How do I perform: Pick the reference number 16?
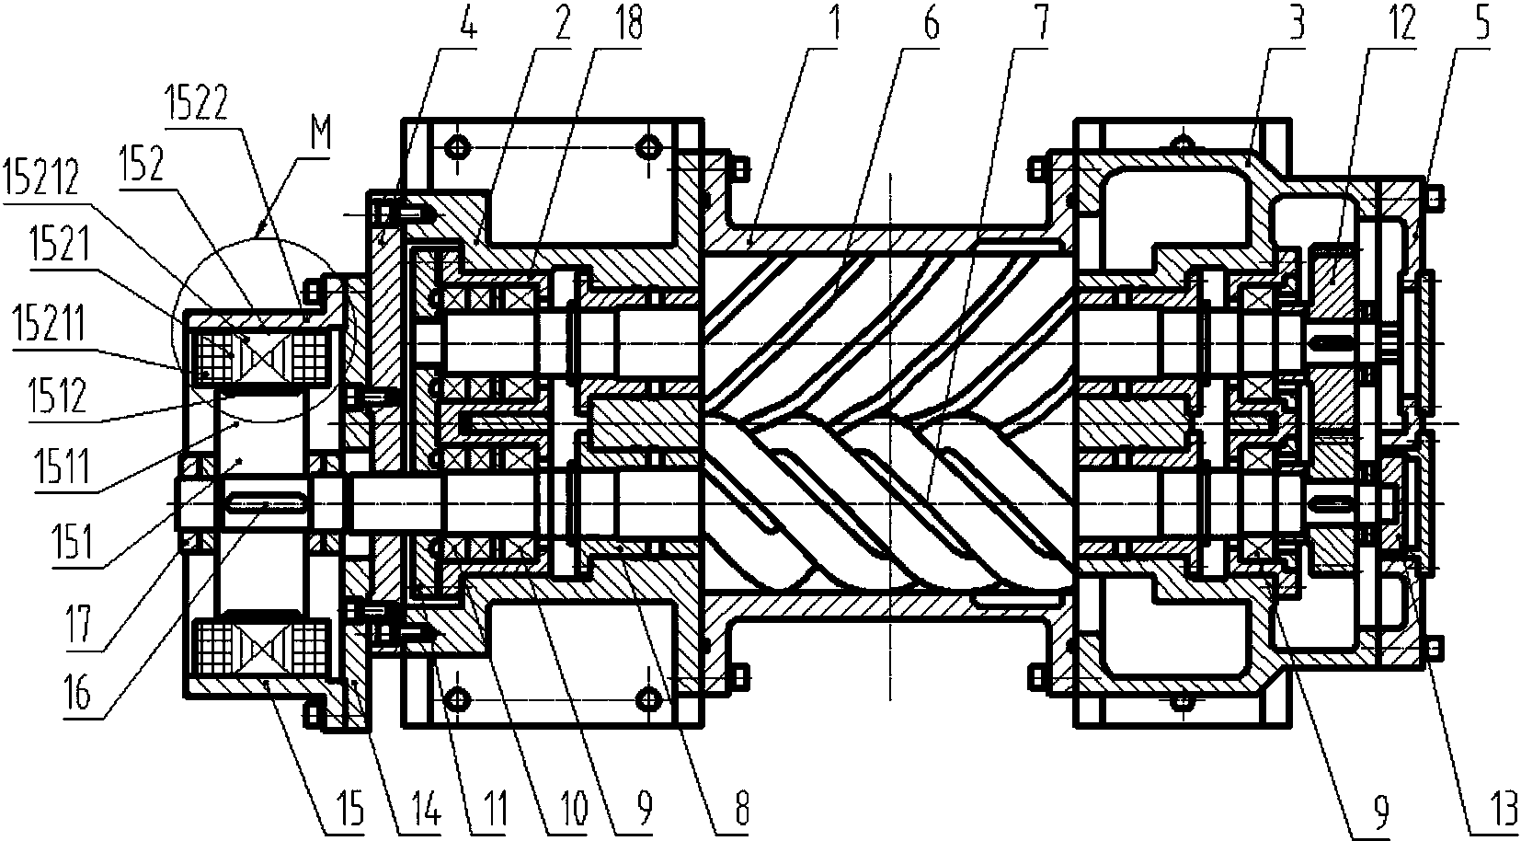[80, 695]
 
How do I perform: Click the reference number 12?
[1399, 21]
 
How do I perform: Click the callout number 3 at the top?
[1297, 21]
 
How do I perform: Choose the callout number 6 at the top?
[932, 21]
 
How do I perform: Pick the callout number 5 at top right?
[1481, 21]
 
